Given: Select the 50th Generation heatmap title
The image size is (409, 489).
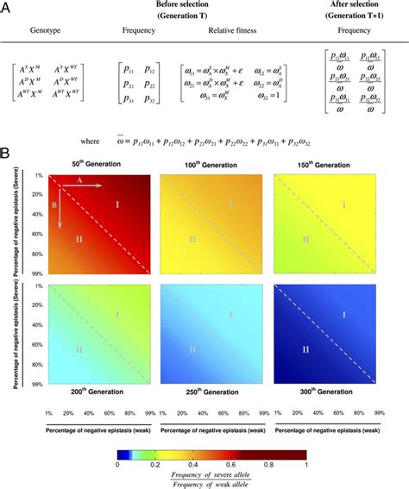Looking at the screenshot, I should (x=96, y=163).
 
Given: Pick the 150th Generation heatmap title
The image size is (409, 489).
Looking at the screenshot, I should (x=325, y=163).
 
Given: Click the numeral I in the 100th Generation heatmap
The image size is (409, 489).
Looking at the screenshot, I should (x=230, y=204).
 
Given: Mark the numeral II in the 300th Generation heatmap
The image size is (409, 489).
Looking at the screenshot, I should (x=305, y=349).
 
